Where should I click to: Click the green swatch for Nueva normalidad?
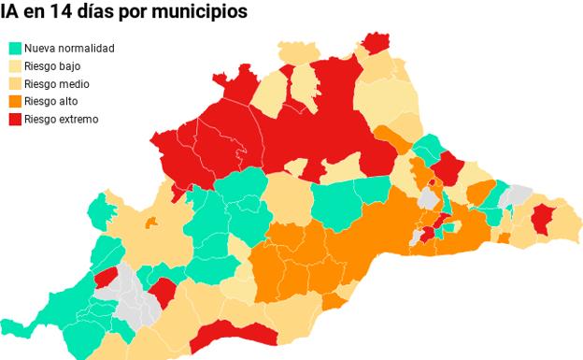pos(15,48)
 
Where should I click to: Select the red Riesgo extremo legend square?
pos(15,119)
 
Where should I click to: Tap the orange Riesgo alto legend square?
pos(15,101)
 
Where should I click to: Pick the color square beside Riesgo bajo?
pos(15,65)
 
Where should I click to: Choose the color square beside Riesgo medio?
pos(15,83)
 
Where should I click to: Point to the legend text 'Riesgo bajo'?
pos(52,65)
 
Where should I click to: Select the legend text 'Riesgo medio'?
pos(57,83)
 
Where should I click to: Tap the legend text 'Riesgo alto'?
pos(51,101)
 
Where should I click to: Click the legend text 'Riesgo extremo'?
pos(61,119)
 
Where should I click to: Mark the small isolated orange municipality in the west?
pos(151,222)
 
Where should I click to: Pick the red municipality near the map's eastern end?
pos(541,221)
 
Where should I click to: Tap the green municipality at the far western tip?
pos(13,327)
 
